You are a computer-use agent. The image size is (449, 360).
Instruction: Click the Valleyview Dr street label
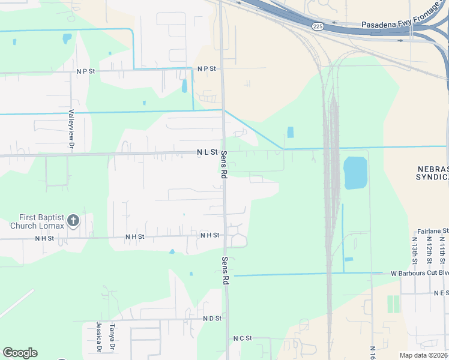tap(71, 129)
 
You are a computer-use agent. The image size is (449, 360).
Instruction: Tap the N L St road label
tap(206, 153)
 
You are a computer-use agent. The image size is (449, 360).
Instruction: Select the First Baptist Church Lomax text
tap(36, 221)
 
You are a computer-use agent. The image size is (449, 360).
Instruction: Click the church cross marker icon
tap(73, 221)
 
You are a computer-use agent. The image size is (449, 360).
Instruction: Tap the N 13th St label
tap(415, 250)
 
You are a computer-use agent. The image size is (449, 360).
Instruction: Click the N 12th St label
tap(429, 250)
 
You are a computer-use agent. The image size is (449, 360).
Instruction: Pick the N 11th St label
tap(442, 250)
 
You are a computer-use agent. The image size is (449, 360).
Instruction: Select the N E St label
tap(441, 293)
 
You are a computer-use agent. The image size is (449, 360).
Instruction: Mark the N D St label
tap(212, 318)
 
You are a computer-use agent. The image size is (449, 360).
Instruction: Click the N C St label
tap(243, 338)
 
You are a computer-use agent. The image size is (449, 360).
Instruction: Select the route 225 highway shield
tap(318, 26)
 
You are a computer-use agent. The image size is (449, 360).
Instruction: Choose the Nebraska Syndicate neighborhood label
tap(432, 173)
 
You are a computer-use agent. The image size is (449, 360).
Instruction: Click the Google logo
tap(20, 353)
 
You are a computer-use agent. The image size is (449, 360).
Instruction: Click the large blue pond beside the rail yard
tap(355, 173)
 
